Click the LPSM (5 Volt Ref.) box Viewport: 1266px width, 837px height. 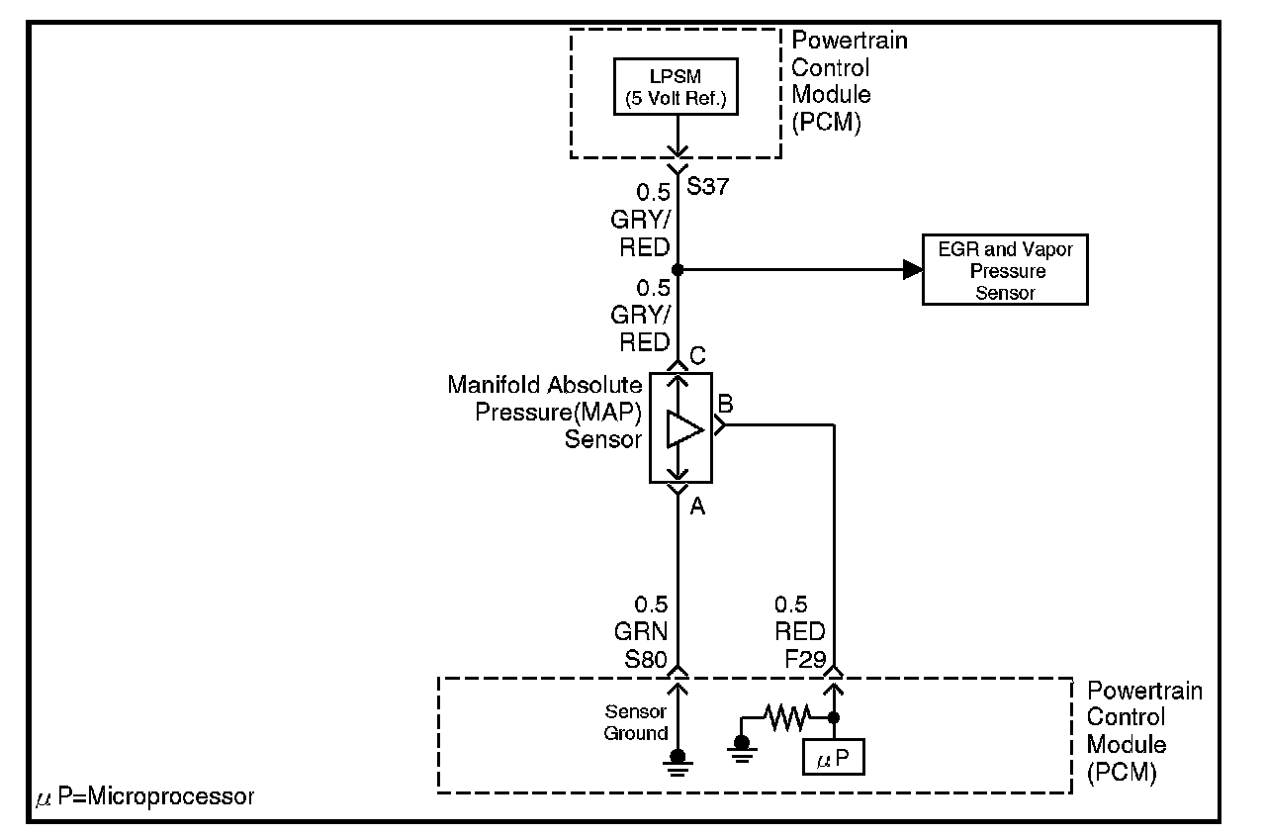(x=678, y=86)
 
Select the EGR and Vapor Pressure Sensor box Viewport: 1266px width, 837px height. (x=1005, y=269)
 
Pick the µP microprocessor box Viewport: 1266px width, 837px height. (x=834, y=759)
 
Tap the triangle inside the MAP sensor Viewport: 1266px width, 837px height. (x=683, y=428)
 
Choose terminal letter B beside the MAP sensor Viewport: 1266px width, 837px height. (x=725, y=404)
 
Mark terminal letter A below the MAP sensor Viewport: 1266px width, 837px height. (x=696, y=507)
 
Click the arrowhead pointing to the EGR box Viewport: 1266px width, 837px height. (x=912, y=269)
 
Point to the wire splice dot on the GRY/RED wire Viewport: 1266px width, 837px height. (x=678, y=269)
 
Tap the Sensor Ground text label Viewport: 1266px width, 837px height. (x=637, y=722)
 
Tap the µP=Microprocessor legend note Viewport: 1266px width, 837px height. (x=144, y=796)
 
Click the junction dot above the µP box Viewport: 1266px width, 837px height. (x=834, y=717)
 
